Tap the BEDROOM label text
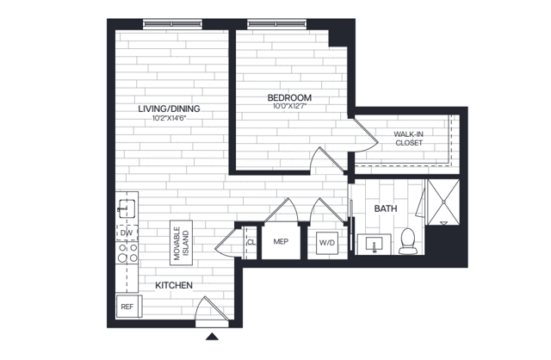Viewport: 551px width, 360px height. click(x=289, y=98)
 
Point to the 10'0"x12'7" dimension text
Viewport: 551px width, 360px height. click(x=289, y=108)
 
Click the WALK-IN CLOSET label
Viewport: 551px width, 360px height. click(x=407, y=139)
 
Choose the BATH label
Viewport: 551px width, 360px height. click(x=384, y=209)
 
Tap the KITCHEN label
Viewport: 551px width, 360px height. click(x=173, y=285)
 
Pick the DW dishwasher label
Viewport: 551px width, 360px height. click(x=126, y=233)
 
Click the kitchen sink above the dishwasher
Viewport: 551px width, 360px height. click(x=125, y=208)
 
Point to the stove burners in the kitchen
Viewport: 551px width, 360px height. click(x=127, y=253)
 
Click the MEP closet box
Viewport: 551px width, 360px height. click(x=280, y=241)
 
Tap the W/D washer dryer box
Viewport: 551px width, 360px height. click(x=327, y=244)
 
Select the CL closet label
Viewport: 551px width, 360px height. click(x=251, y=242)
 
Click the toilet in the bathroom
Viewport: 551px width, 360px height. click(x=408, y=241)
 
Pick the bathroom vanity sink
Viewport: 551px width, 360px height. click(x=374, y=245)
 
